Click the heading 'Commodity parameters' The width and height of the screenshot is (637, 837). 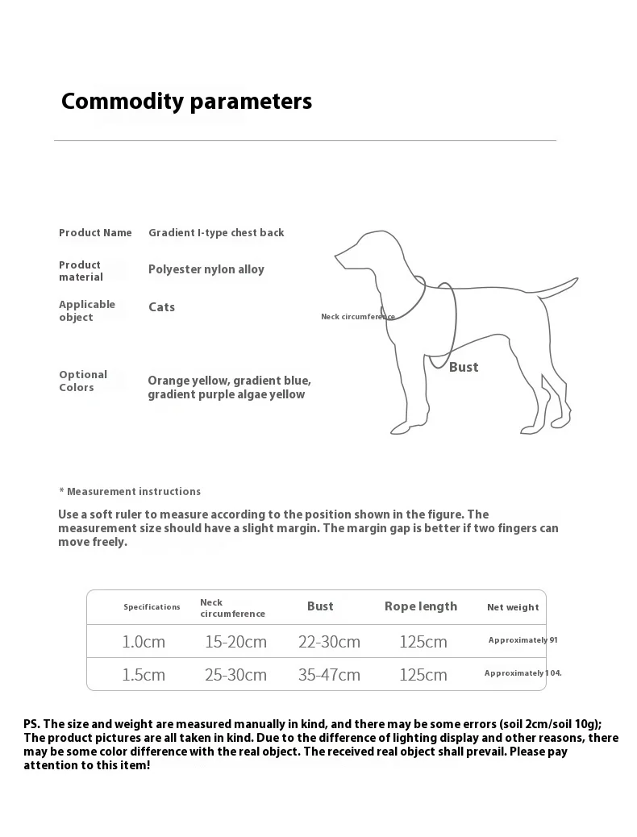pos(186,102)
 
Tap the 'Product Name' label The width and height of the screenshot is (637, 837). pos(95,233)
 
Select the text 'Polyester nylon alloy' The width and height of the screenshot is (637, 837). pos(206,269)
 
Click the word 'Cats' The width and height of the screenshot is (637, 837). pos(161,307)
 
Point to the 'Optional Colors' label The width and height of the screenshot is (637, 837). pos(83,381)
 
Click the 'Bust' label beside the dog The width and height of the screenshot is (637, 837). pos(464,368)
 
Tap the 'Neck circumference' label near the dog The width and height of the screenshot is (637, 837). pos(358,317)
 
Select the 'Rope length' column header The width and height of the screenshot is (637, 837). pos(421,606)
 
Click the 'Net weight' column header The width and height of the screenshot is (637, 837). pos(513,607)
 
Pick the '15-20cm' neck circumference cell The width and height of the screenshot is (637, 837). pos(236,642)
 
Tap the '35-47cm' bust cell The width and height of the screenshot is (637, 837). pos(329,675)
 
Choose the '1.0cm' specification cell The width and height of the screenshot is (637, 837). pos(144,642)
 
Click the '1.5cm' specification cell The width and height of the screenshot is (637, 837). pos(144,675)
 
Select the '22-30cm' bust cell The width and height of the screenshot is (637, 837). pos(329,642)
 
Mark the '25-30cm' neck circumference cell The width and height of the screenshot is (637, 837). pos(235,675)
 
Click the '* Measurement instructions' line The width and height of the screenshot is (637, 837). pos(130,492)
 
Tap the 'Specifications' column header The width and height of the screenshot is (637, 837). pos(152,607)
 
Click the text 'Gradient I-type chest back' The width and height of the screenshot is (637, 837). pos(216,233)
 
